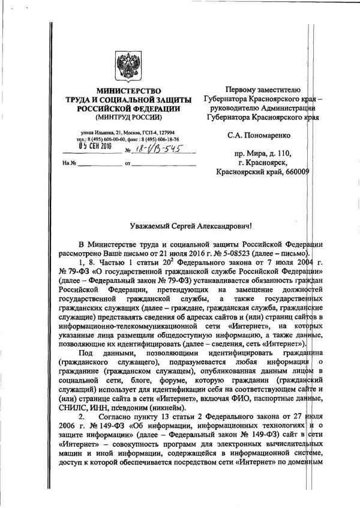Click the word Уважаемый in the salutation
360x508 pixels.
tap(152, 226)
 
